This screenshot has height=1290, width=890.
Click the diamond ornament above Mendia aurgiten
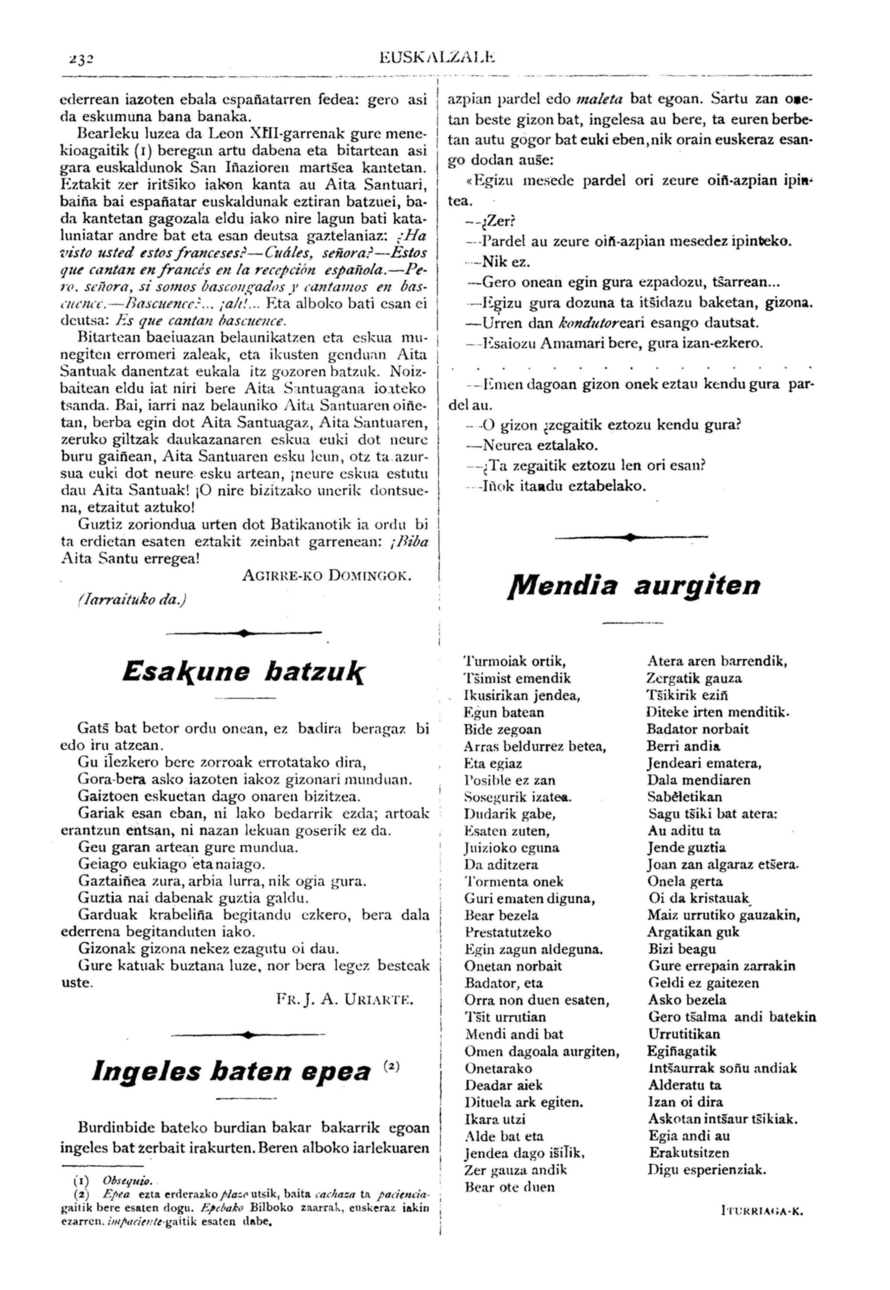click(630, 537)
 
